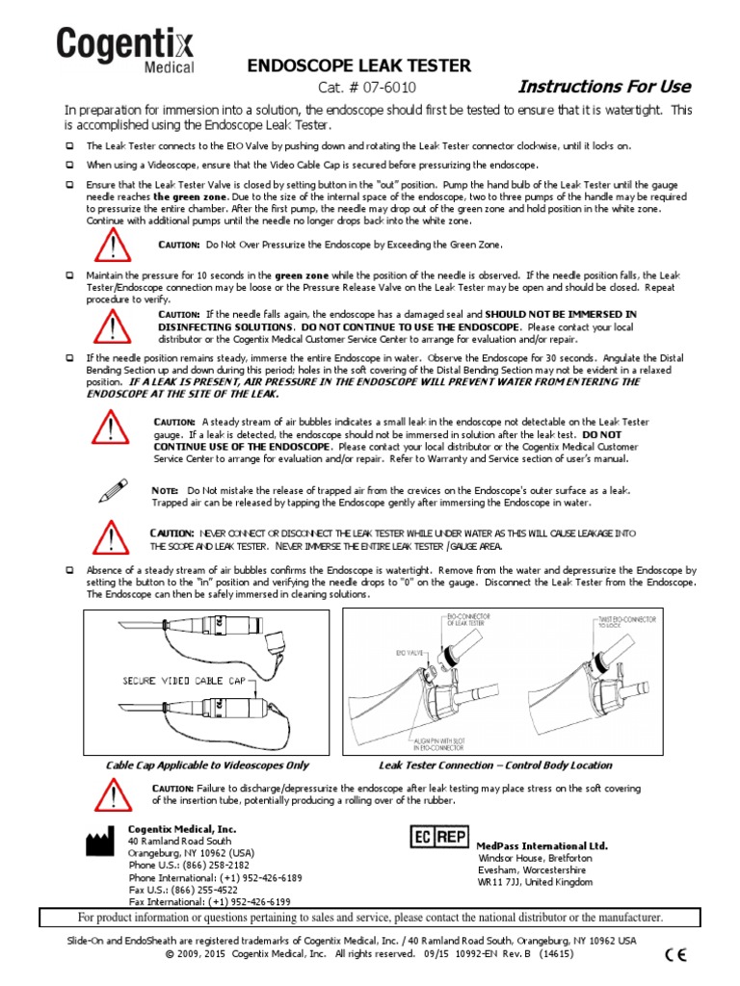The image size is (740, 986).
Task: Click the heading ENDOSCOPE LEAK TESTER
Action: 360,65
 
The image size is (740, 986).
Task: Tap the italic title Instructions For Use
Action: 604,87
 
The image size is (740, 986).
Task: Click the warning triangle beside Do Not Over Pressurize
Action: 114,247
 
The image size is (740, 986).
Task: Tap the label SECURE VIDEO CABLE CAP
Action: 184,681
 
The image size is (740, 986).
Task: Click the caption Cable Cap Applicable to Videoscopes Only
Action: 207,765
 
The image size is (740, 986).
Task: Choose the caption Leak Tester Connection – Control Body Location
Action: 496,765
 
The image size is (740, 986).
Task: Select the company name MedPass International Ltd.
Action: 542,845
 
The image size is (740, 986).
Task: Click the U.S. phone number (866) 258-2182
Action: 201,865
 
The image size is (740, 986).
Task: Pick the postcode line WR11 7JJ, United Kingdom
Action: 537,882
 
